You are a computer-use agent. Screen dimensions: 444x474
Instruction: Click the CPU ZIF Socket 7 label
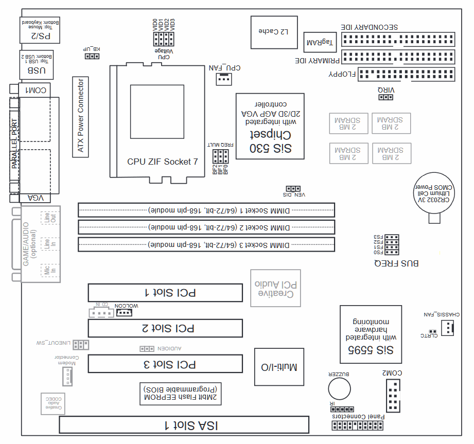163,162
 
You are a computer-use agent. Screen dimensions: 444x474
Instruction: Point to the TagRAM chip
320,42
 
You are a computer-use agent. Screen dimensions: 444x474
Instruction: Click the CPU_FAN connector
223,79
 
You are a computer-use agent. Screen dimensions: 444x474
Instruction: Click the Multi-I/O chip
279,367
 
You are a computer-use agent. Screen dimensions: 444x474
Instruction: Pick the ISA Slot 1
184,425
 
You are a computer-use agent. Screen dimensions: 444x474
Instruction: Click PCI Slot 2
165,328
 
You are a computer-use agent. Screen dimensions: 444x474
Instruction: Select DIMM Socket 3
206,244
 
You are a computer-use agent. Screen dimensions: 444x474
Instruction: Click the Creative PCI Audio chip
275,288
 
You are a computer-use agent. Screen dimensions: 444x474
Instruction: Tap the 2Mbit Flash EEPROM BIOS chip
181,393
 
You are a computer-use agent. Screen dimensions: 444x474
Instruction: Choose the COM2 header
393,395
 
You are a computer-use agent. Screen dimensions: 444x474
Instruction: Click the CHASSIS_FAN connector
448,327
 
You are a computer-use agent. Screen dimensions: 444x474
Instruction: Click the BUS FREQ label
396,263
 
